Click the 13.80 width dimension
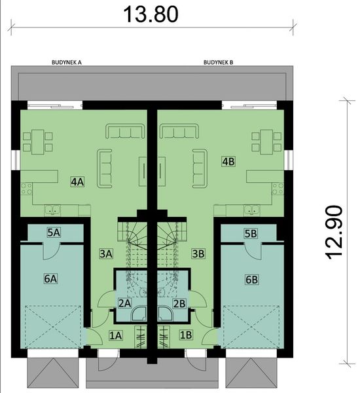pos(151,14)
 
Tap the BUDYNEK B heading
pos(219,64)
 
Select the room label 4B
pos(228,160)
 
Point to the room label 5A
pos(53,232)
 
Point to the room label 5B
pos(251,233)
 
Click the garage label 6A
pos(51,279)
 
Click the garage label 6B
pos(251,280)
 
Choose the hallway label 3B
pos(198,252)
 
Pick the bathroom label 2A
pos(125,303)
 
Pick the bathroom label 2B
pos(179,303)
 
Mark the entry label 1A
pos(116,335)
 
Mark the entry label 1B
pos(186,335)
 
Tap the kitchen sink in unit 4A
pos(53,210)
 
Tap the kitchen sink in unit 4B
pos(251,210)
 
